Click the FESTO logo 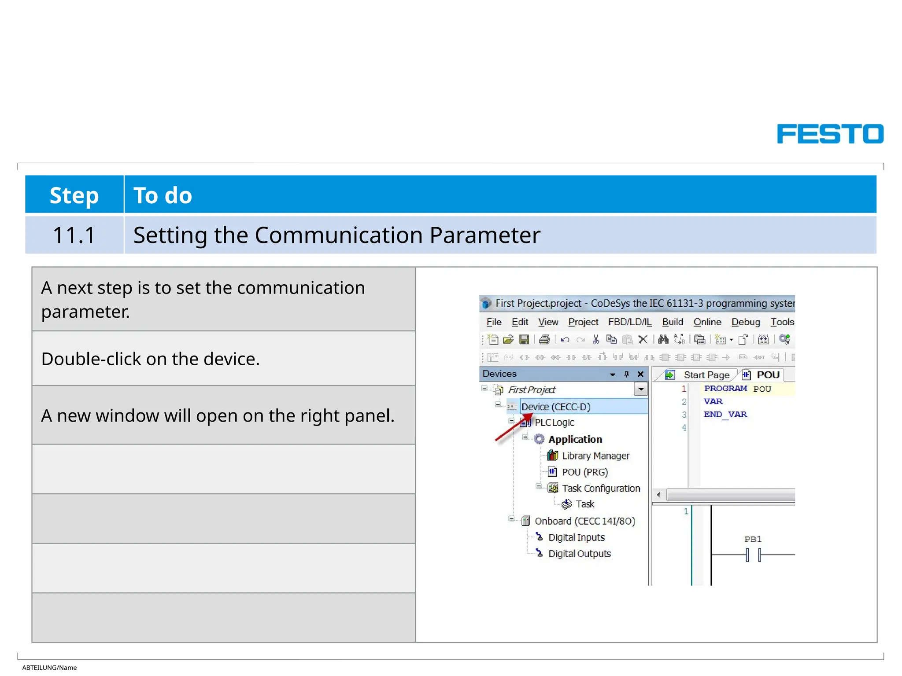830,134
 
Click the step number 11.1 74,235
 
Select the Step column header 74,195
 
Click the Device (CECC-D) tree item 555,407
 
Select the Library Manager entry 595,456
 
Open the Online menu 707,322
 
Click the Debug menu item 745,322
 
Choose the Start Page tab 706,375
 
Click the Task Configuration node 600,489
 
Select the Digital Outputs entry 579,554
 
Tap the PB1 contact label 753,539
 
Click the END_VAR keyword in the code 725,415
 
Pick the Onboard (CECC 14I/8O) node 584,521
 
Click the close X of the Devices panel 640,374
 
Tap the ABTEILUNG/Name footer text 49,668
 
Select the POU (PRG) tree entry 584,472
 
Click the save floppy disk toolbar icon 524,339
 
